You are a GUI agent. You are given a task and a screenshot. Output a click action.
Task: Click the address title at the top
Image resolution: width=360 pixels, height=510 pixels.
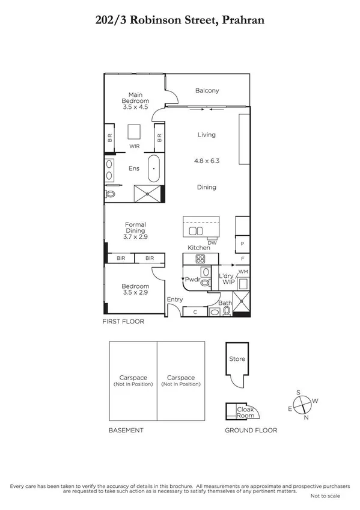pos(180,20)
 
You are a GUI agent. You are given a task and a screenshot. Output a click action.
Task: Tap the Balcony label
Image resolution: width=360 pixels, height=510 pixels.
pos(207,91)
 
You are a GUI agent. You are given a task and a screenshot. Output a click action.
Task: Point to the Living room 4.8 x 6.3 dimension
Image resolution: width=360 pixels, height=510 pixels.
pos(206,161)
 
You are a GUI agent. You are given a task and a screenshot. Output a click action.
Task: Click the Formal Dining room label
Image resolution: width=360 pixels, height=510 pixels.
pos(135,231)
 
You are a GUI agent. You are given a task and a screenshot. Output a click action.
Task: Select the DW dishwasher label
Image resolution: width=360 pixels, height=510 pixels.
pos(212,242)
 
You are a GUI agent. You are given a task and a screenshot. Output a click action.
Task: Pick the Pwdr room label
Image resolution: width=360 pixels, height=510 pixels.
pos(192,280)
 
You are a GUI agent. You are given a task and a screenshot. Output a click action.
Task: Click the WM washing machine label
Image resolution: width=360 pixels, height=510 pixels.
pos(243,272)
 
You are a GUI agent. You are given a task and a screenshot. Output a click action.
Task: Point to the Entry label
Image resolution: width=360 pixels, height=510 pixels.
pos(175,300)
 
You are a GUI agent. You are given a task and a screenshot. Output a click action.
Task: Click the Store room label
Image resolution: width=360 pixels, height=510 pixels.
pos(237,359)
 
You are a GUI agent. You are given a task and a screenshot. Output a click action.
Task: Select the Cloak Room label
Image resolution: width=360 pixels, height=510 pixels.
pos(245,412)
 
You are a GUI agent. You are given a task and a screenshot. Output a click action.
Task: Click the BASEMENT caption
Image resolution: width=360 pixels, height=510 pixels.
pos(126,430)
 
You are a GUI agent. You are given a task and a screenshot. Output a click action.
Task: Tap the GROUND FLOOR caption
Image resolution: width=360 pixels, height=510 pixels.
pos(251,430)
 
